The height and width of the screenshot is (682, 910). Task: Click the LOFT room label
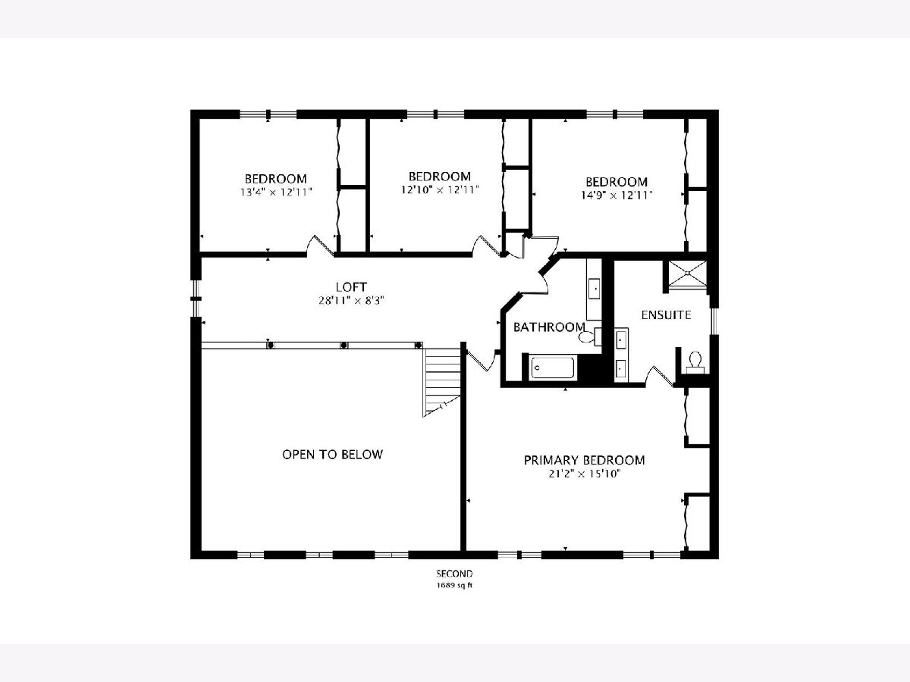point(351,286)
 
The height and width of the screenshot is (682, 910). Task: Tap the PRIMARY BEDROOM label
point(584,460)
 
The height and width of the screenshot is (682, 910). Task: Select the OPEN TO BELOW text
point(332,454)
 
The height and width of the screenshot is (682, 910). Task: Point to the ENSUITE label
point(666,315)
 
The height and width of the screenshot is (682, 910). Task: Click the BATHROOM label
point(549,327)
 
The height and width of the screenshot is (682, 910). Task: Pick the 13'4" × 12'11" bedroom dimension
point(276,192)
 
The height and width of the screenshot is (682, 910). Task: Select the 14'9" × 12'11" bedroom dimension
point(617,195)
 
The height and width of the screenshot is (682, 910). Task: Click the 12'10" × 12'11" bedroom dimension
point(439,189)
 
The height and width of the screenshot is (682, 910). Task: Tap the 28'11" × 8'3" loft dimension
point(351,300)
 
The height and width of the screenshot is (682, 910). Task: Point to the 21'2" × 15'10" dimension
point(584,474)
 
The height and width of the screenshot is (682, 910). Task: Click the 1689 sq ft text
point(454,586)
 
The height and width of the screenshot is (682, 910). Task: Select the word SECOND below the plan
point(454,574)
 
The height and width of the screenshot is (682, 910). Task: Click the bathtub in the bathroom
point(553,368)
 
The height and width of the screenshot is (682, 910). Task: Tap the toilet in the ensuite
point(695,361)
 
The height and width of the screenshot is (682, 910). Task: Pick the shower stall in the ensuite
point(687,274)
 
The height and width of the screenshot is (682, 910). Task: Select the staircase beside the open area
point(441,382)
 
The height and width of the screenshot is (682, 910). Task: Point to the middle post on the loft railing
point(344,346)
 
